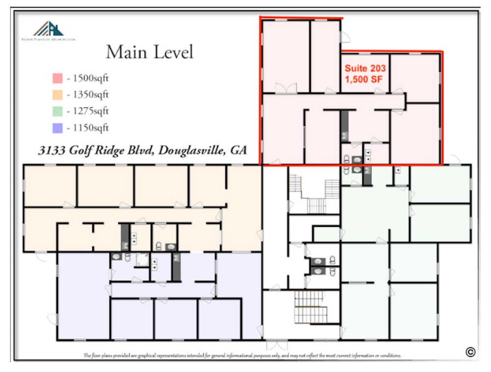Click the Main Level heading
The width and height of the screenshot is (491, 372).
pos(149,52)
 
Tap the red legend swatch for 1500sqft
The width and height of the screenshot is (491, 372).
pos(56,78)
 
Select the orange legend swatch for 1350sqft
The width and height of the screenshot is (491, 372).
pos(56,94)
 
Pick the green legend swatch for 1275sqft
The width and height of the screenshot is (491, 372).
pos(56,111)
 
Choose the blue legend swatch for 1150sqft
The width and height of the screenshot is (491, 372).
pos(56,128)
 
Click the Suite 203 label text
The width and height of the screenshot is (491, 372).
pos(365,68)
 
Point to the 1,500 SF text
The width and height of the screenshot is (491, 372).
pos(364,78)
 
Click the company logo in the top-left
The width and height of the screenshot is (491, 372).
pos(48,31)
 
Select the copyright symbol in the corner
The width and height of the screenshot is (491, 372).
pos(470,351)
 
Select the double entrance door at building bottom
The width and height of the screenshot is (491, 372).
pos(277,343)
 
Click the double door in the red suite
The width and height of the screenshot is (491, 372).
pos(286,89)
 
